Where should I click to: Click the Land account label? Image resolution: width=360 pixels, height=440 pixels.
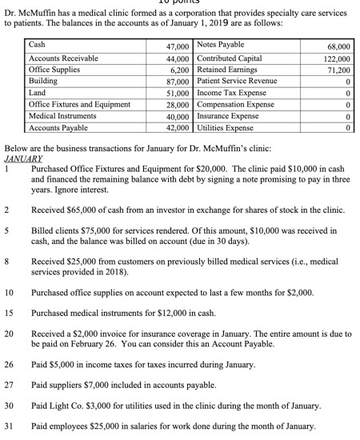38,93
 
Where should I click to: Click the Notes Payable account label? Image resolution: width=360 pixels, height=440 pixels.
219,45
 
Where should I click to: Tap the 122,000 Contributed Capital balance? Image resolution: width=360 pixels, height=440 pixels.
337,59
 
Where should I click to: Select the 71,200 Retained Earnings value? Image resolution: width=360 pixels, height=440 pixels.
338,70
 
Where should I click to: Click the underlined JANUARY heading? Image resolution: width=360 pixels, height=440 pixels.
23,158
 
